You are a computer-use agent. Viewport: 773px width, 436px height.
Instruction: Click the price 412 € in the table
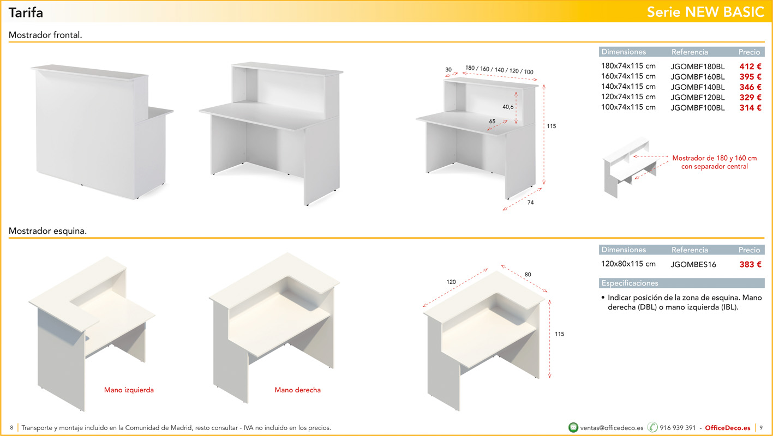click(x=750, y=66)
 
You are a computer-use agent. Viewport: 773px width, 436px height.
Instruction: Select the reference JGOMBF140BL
click(x=697, y=87)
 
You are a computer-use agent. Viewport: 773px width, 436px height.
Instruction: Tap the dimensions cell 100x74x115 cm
click(x=628, y=107)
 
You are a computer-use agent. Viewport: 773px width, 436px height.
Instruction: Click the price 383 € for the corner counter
click(x=750, y=264)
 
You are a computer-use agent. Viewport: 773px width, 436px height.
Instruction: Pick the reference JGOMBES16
click(x=693, y=265)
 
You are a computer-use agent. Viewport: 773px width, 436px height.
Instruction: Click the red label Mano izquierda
click(x=129, y=390)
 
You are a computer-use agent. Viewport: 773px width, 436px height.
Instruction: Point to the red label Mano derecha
click(x=297, y=390)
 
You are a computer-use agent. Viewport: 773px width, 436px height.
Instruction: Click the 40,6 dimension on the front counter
click(x=508, y=107)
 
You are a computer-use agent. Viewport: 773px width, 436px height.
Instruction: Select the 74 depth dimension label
click(x=530, y=203)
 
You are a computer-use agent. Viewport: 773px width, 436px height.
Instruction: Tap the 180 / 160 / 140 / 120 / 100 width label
click(x=499, y=70)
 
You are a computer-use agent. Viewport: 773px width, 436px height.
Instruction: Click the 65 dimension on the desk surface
click(x=492, y=121)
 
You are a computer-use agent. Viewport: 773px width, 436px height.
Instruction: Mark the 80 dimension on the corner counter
click(x=528, y=274)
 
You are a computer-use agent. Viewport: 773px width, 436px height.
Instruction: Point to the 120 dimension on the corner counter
click(x=451, y=282)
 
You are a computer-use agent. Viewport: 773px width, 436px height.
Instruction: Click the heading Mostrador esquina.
click(x=47, y=231)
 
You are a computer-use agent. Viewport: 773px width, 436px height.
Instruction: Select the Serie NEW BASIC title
click(x=705, y=12)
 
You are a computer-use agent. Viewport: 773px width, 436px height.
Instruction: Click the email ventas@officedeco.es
click(x=612, y=428)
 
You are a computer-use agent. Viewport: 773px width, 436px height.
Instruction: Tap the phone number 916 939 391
click(x=678, y=428)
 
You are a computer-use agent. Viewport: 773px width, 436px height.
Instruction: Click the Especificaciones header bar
click(x=681, y=283)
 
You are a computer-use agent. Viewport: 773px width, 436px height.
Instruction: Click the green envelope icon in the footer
click(x=573, y=427)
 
